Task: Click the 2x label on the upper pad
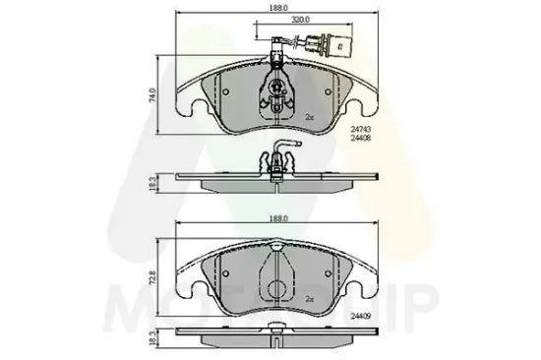[x=308, y=117]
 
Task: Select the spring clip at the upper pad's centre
[x=277, y=90]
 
